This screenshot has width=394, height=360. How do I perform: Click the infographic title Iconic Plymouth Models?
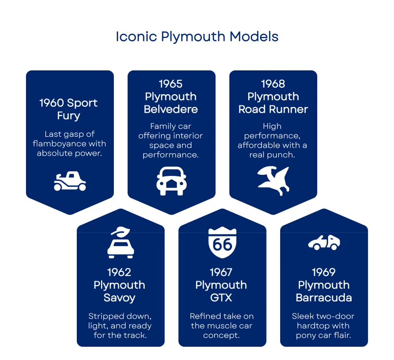197,36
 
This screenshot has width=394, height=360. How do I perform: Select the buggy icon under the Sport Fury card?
69,181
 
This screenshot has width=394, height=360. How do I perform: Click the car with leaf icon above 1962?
120,242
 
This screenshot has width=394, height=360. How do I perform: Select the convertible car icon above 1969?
324,242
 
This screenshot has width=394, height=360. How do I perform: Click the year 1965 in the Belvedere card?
170,84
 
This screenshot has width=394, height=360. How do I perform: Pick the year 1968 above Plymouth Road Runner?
273,84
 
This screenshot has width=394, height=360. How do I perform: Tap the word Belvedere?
170,109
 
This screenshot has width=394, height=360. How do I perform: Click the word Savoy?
120,298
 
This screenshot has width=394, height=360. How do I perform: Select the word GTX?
221,298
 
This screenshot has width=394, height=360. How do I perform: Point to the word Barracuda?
324,298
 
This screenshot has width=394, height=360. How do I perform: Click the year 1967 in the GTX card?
221,272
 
